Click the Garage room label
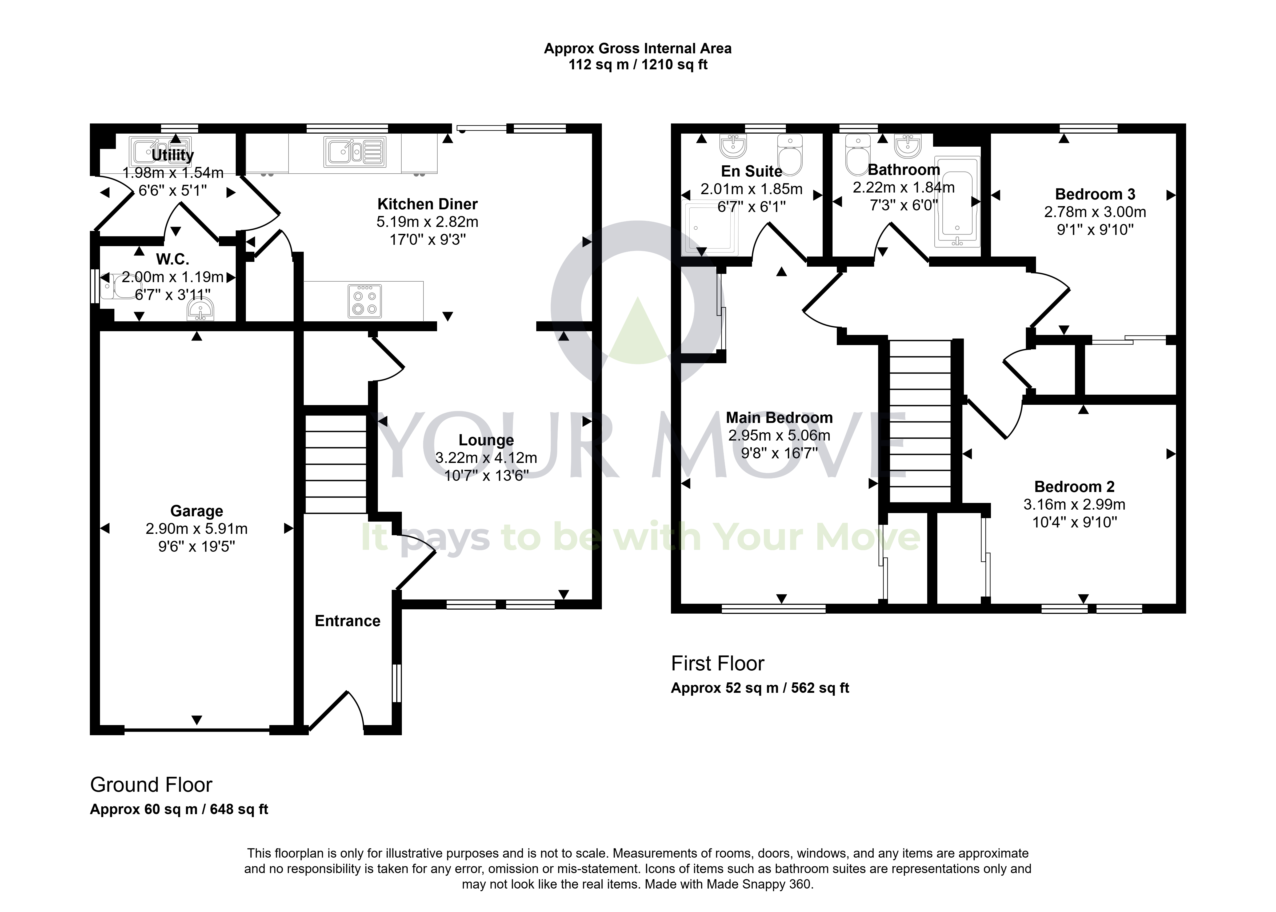point(197,511)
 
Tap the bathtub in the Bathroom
point(957,202)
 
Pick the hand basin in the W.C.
point(201,309)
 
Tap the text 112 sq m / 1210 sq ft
point(638,65)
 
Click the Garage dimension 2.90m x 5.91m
point(197,529)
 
